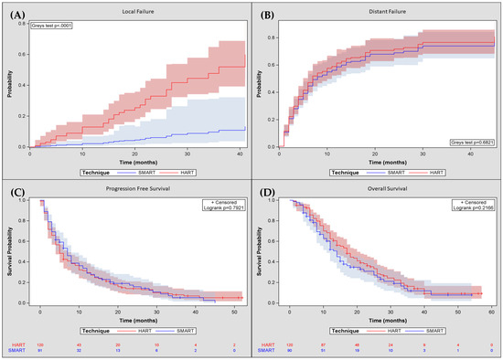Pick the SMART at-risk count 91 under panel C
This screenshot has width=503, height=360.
click(x=40, y=351)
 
